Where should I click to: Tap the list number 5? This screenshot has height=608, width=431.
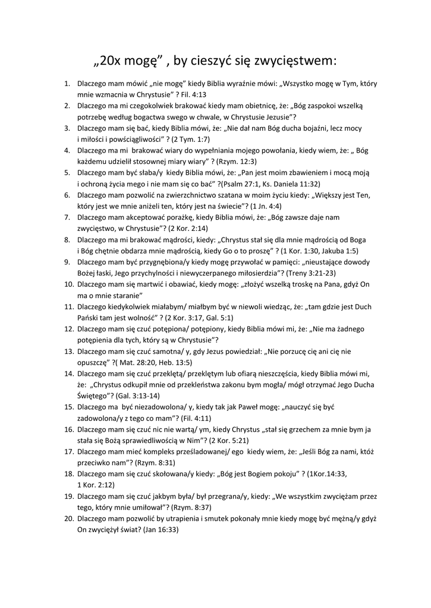click(67, 172)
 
